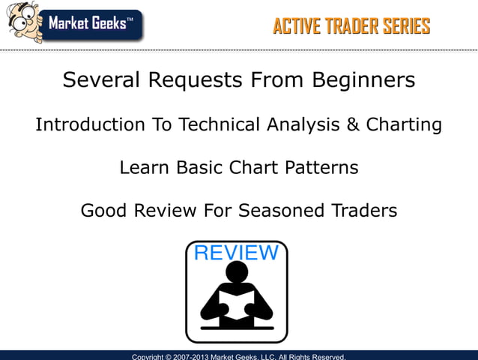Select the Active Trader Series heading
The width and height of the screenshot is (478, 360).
coord(351,27)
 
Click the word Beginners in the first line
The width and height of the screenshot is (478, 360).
coord(368,80)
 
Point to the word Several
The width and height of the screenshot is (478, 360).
coord(95,80)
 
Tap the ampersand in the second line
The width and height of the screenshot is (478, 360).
coord(351,124)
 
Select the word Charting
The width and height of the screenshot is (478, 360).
coord(404,124)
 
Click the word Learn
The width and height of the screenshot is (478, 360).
coord(145,167)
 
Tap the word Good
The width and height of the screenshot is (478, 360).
coord(103,211)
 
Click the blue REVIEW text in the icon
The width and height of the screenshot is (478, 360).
coord(236,253)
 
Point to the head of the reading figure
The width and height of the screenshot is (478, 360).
coord(237,274)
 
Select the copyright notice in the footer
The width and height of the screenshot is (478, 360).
coord(238,356)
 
